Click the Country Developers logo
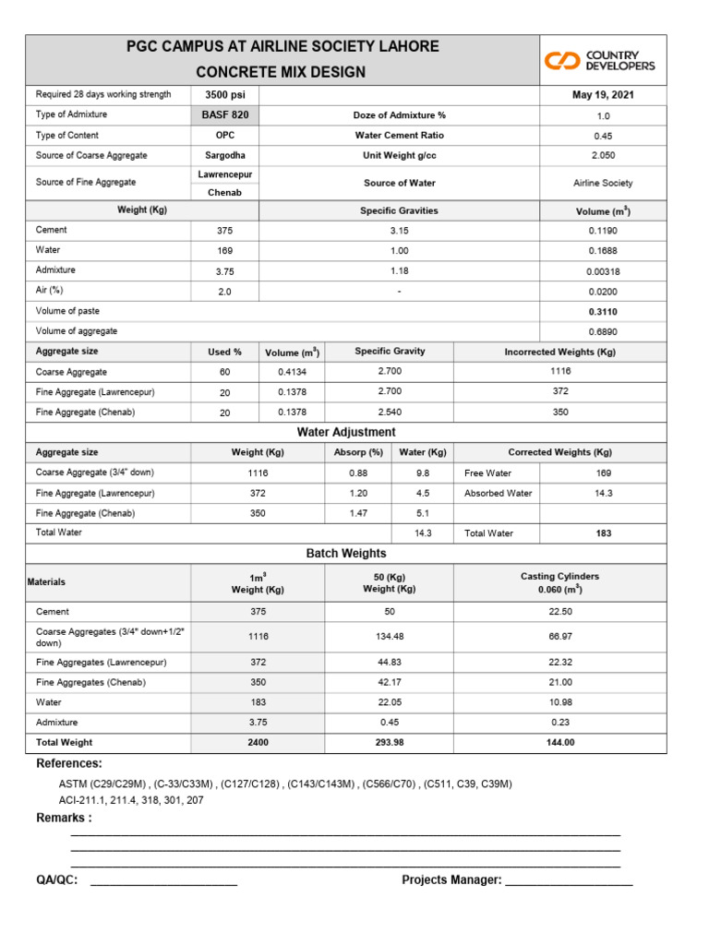[599, 61]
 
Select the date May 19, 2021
[603, 95]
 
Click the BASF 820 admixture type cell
[225, 115]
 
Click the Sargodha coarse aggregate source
[224, 156]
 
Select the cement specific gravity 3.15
[399, 230]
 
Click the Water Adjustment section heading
[346, 432]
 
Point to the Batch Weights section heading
[346, 554]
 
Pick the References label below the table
[69, 764]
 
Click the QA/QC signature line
[163, 882]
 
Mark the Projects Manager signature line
[569, 882]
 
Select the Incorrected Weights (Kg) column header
[560, 352]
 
